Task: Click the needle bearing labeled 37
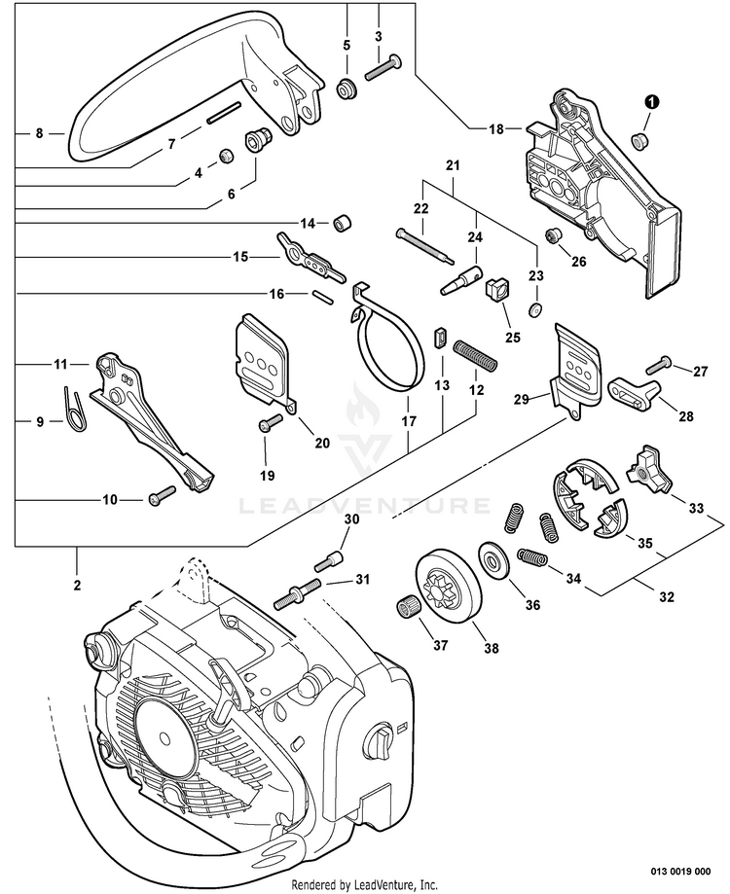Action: click(409, 611)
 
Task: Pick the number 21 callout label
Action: click(451, 166)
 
